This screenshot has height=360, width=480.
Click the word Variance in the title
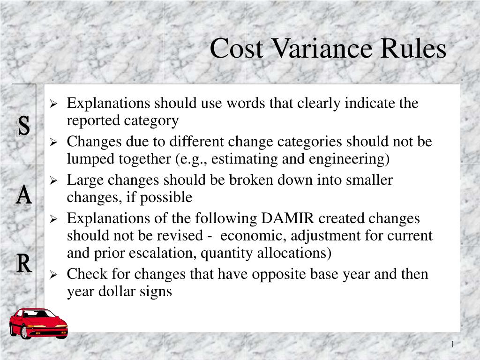coord(321,48)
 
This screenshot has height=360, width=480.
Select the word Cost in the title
coord(236,48)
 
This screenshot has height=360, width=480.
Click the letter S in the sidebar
coord(24,127)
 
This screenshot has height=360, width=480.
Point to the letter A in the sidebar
coord(24,195)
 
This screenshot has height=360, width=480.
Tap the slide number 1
coord(453,345)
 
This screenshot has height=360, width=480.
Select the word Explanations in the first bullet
coord(109,103)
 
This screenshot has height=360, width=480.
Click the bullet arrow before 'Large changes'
coord(54,180)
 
